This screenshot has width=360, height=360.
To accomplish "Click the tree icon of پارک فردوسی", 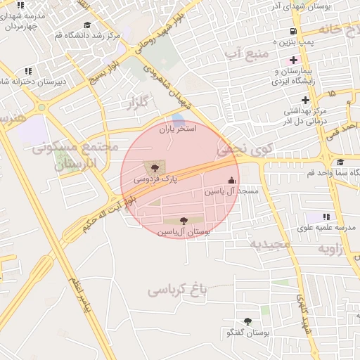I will [154, 167].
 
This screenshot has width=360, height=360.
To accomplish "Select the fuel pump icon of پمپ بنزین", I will [292, 32].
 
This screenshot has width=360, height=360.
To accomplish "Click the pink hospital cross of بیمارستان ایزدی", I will [294, 60].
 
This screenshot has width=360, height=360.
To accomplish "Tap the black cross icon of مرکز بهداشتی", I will [305, 99].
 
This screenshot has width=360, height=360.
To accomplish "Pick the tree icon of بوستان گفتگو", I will [247, 321].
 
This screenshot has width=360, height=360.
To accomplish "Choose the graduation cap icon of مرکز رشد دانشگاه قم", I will [87, 25].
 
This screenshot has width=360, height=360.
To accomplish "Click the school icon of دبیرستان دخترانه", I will [28, 71].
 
